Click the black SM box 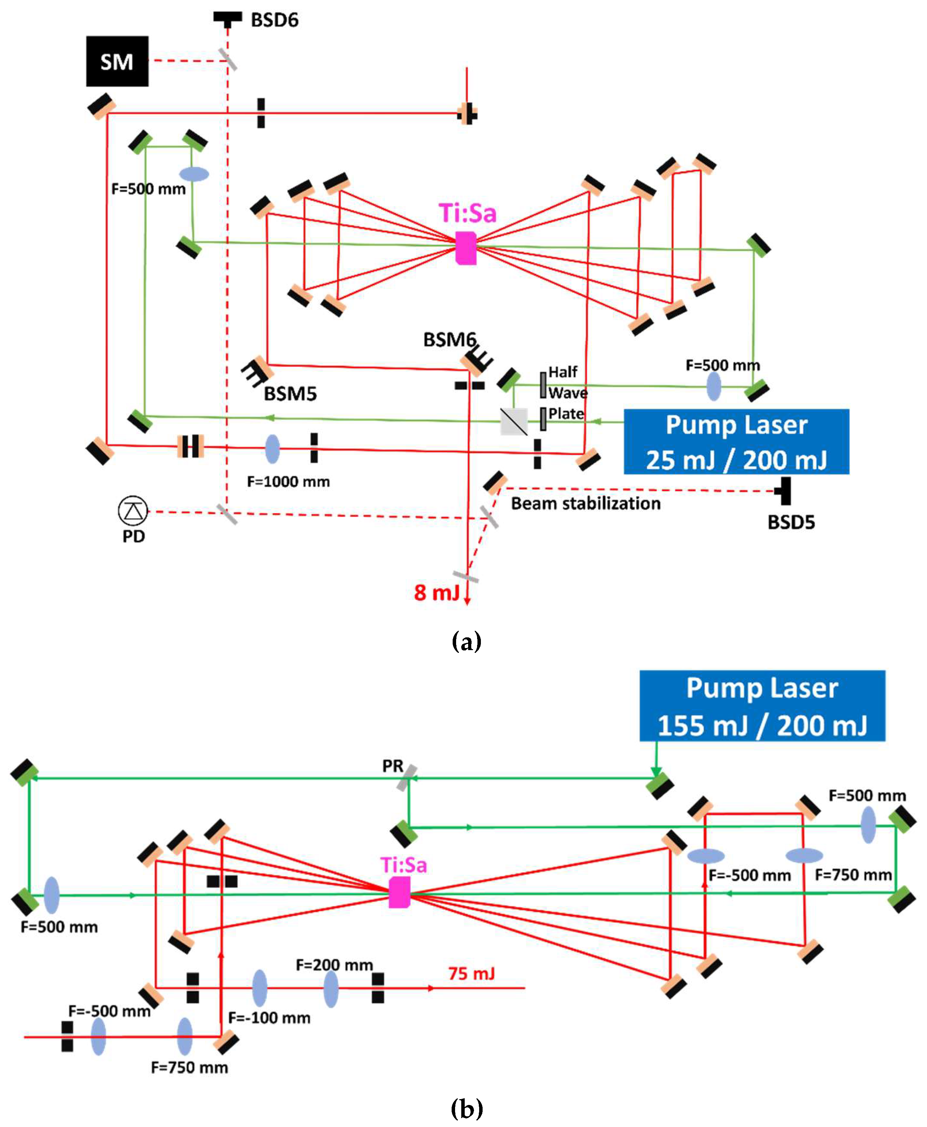click(117, 61)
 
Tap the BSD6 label click(274, 20)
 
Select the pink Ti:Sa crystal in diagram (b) click(399, 893)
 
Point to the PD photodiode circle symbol click(133, 511)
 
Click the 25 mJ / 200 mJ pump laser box click(736, 441)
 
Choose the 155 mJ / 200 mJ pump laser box click(762, 705)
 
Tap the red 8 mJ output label click(436, 592)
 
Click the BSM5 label click(290, 394)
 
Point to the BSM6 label click(449, 340)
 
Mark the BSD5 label click(791, 522)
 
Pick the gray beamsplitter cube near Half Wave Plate click(513, 421)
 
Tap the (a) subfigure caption click(466, 640)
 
